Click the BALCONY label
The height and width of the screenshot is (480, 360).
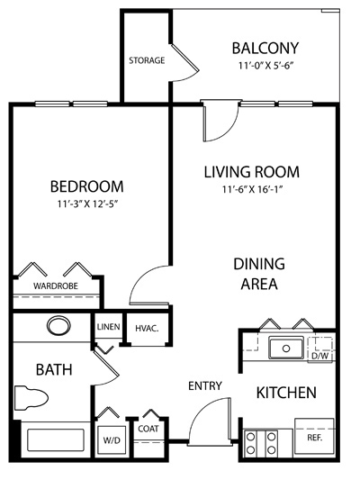coord(265,48)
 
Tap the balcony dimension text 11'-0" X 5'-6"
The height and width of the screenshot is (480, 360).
coord(265,66)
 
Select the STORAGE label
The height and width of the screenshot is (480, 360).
coord(147,60)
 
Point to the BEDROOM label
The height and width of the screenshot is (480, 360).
coord(87,186)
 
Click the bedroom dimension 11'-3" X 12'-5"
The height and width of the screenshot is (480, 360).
coord(87,204)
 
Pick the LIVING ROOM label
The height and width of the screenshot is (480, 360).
coord(252,172)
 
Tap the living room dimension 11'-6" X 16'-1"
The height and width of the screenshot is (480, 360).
coord(252,189)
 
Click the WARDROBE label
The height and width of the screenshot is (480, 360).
coord(56,285)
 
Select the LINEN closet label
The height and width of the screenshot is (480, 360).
coord(108,327)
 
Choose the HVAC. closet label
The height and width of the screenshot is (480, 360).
coord(147,329)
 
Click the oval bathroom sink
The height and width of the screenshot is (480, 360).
coord(58,327)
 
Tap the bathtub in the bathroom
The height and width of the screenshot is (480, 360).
coord(56,439)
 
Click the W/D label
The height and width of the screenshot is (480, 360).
coord(112,440)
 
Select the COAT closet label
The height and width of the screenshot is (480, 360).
coord(148,429)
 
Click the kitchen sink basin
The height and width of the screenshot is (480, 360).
coord(286,348)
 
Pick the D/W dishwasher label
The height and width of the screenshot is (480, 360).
coord(319,356)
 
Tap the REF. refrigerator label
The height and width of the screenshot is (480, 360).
coord(315,438)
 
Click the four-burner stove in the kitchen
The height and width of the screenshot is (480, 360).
coord(261,443)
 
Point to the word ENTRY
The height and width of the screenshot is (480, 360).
coord(205,386)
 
